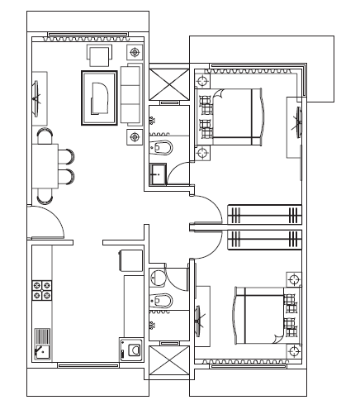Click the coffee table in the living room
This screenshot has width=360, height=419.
[99, 98]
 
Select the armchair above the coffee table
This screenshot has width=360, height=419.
[101, 56]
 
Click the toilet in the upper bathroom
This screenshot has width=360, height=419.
[163, 149]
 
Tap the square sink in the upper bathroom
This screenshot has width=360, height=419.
[158, 174]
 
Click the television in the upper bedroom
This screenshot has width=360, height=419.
[296, 126]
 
